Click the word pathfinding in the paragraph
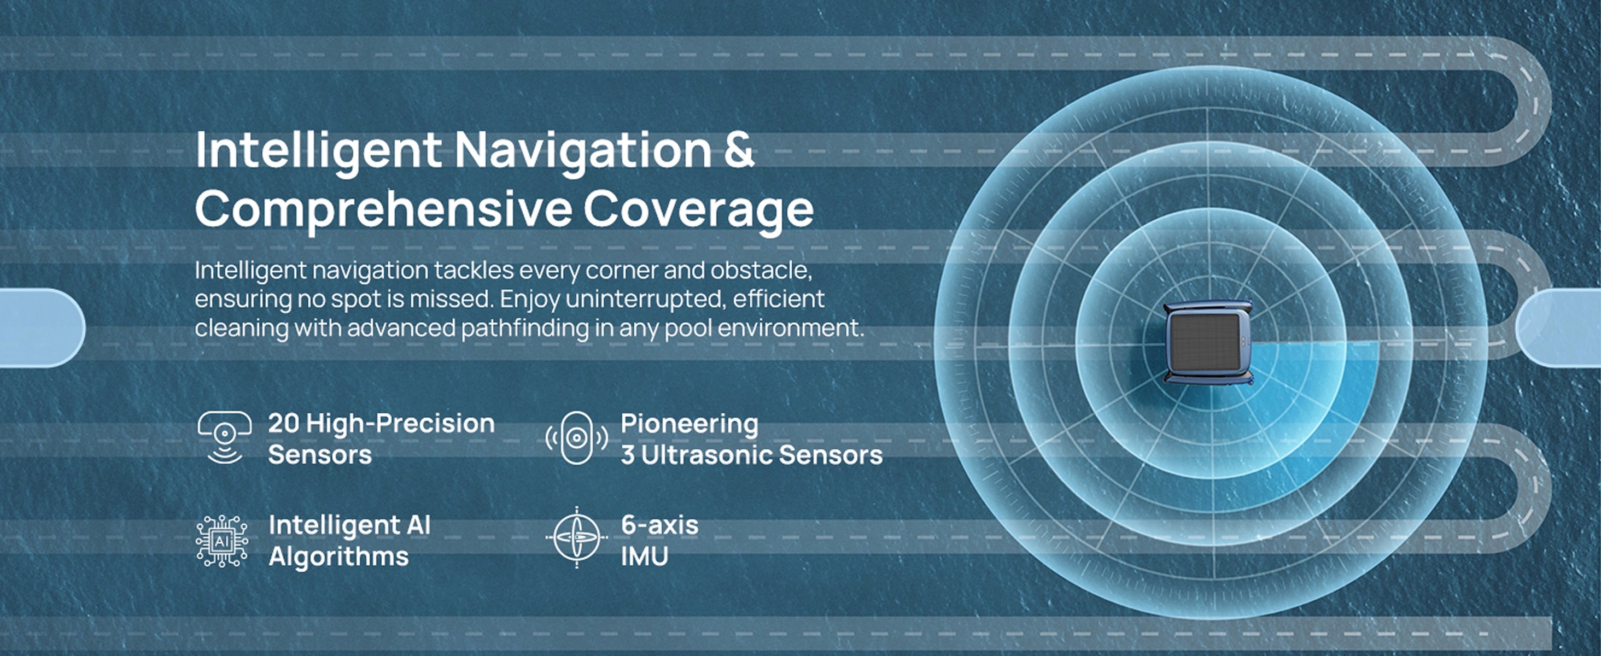(x=524, y=327)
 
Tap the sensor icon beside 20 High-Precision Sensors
(x=224, y=437)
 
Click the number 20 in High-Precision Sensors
(x=284, y=424)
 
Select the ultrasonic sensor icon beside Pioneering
(x=576, y=438)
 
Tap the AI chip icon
(x=222, y=541)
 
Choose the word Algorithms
(x=338, y=557)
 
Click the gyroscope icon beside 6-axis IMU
(x=577, y=537)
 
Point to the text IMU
(x=645, y=557)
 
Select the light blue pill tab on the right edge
(x=1558, y=327)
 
